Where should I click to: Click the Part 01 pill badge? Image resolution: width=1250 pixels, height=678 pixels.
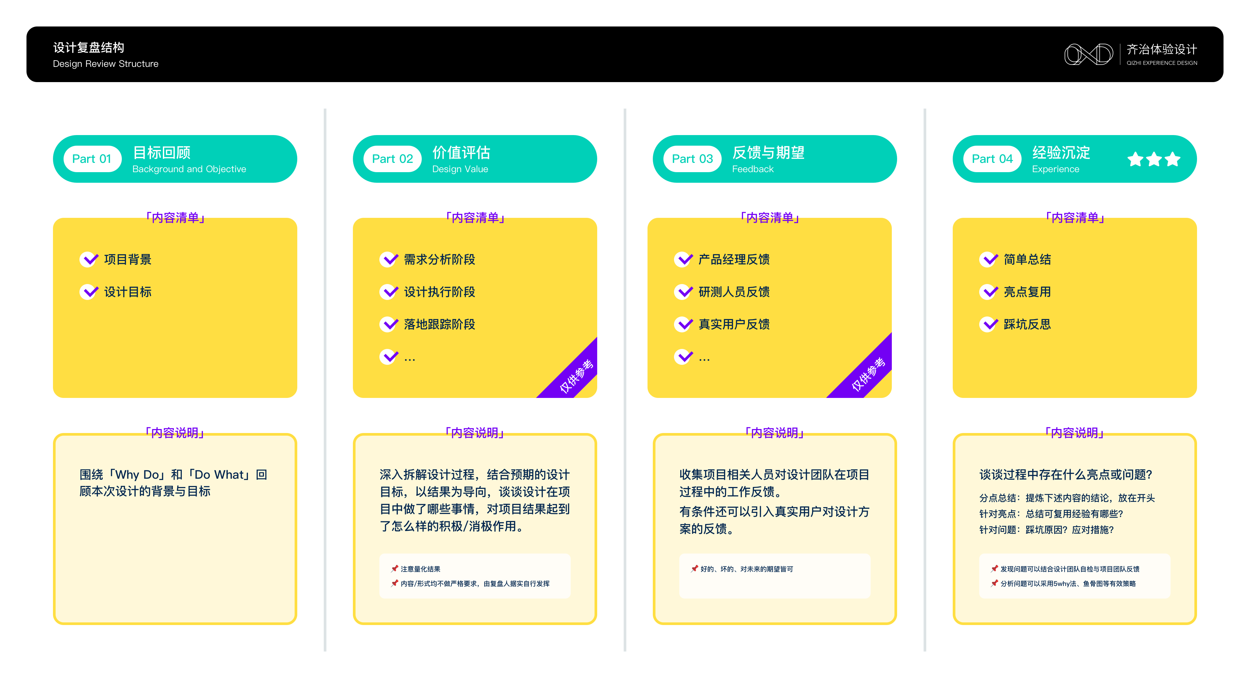(x=92, y=159)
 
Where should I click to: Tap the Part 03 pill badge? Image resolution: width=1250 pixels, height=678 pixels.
(x=692, y=159)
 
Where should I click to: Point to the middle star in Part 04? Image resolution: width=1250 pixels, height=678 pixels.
(x=1154, y=159)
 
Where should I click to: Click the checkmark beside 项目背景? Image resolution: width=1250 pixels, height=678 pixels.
(x=89, y=259)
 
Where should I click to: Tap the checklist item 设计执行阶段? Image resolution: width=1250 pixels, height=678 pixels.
(x=439, y=292)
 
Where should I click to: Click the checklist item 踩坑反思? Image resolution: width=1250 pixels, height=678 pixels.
(x=1027, y=324)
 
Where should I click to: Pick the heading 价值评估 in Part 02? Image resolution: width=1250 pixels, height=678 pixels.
(x=461, y=152)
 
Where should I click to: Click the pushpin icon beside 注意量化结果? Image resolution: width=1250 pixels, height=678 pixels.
(x=395, y=568)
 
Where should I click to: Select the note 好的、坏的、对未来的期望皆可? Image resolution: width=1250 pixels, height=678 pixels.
(x=746, y=569)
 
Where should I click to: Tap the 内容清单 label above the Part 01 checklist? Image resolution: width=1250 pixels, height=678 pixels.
(x=175, y=218)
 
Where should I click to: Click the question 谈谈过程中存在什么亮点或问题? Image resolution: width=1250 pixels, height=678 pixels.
(x=1066, y=474)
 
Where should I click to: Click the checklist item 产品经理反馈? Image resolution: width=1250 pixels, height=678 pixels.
(x=734, y=259)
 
